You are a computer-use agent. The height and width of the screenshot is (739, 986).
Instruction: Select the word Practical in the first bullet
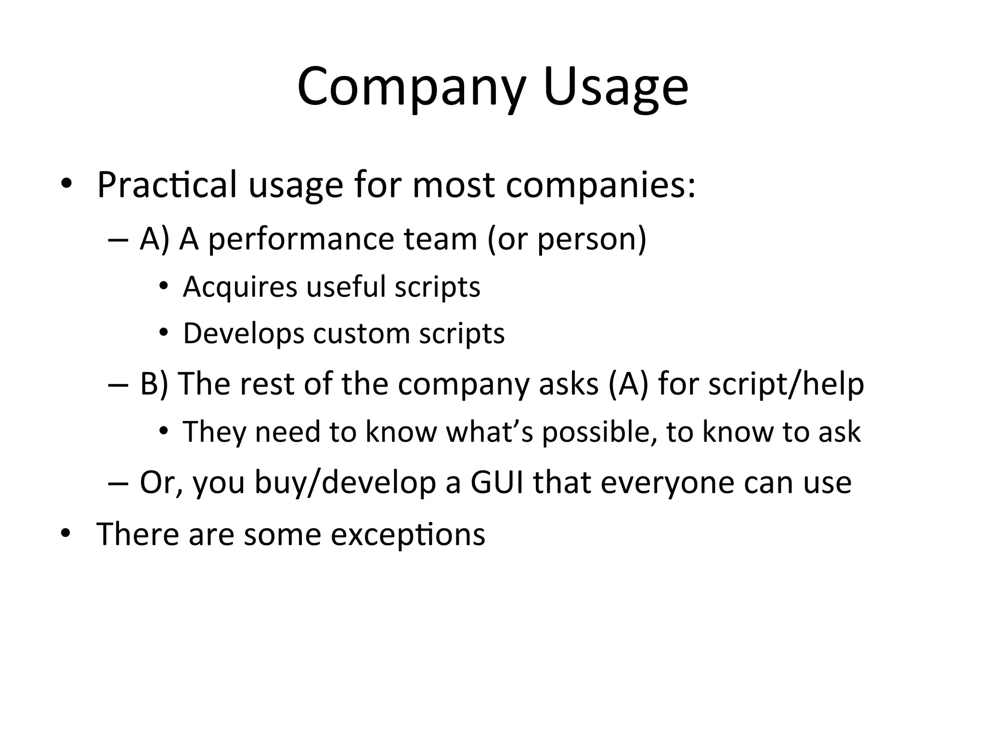point(167,184)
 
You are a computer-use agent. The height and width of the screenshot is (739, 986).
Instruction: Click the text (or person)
point(567,239)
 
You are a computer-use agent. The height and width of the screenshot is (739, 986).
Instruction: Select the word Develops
point(244,333)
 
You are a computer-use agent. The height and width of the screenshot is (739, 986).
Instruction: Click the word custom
point(361,333)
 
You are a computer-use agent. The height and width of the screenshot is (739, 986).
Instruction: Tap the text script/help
point(786,384)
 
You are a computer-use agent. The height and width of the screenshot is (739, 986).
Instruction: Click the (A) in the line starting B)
point(628,384)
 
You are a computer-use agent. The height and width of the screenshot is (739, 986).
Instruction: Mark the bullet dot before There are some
point(66,533)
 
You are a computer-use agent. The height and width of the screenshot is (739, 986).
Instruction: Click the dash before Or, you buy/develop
point(118,483)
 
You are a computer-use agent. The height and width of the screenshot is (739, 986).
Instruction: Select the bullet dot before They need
point(164,431)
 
